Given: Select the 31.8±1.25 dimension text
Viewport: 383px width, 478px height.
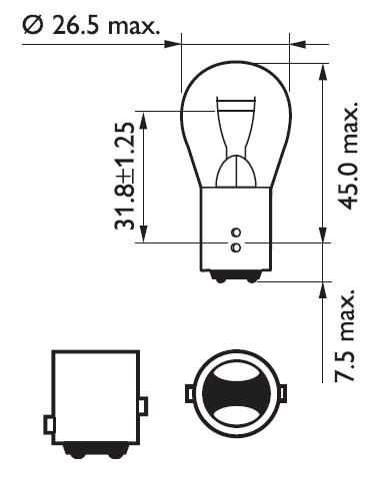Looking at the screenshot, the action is (x=125, y=176).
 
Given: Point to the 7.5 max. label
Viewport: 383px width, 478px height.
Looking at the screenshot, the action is (x=344, y=336).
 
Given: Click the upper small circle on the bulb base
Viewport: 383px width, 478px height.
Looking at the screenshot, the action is (x=236, y=232).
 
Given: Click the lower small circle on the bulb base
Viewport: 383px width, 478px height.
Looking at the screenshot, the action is (x=236, y=247).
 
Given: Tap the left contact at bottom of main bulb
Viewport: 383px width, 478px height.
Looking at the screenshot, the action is (x=221, y=278).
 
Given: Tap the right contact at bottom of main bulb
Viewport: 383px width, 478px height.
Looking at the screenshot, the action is (x=252, y=278).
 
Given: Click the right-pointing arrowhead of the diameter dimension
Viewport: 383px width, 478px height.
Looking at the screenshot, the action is (x=172, y=44).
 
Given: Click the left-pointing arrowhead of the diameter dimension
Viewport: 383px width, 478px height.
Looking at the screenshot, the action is (x=298, y=44).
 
